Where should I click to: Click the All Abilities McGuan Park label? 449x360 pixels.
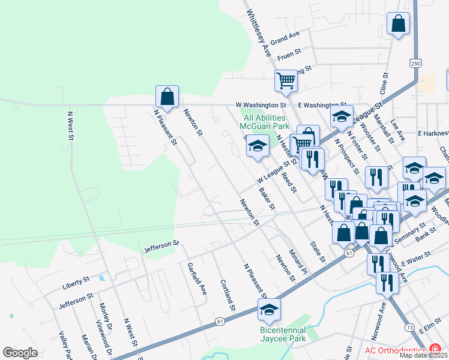tap(265, 122)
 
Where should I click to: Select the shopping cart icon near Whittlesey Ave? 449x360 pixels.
tap(286, 81)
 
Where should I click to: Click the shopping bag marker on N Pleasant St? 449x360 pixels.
tap(167, 97)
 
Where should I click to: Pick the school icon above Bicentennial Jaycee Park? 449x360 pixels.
tap(269, 310)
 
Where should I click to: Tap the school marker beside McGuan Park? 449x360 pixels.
tap(258, 147)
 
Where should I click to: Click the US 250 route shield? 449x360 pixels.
tap(415, 63)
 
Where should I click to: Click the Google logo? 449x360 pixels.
tap(20, 352)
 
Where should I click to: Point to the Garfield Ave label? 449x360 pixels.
tap(196, 278)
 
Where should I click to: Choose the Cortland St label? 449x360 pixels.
tap(227, 295)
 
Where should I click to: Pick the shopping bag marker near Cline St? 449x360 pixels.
tap(398, 25)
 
